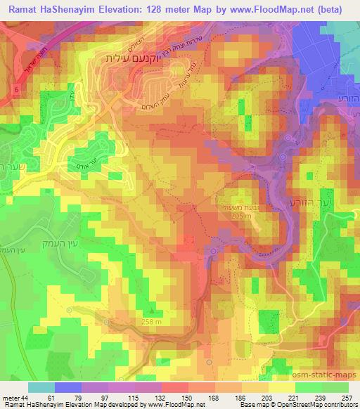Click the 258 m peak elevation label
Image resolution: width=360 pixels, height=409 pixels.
(153, 321)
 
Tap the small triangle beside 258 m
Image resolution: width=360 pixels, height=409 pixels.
(150, 313)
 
